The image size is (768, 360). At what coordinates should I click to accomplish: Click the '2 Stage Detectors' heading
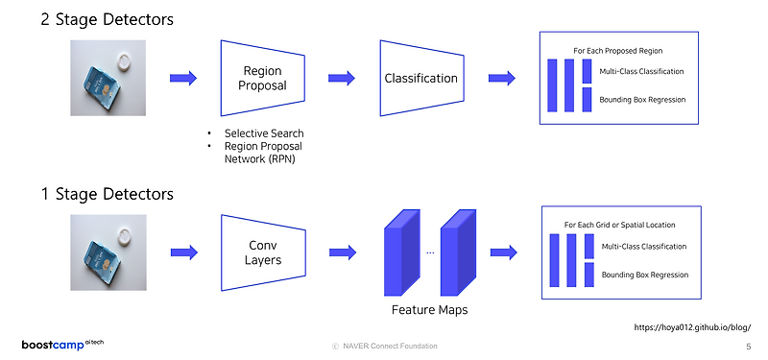coord(107,19)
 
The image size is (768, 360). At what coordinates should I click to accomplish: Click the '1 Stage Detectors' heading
coord(107,194)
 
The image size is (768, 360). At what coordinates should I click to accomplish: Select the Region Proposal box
coord(262,79)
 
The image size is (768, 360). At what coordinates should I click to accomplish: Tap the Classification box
coord(420,78)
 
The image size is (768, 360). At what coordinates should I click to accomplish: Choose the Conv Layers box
coord(262,252)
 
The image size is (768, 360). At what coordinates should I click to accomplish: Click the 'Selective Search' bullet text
coord(264,132)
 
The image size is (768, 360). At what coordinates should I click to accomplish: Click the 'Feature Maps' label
coord(429,310)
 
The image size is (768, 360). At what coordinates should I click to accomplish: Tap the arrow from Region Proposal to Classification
coord(342,78)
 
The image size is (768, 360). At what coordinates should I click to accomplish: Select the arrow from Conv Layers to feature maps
coord(342,252)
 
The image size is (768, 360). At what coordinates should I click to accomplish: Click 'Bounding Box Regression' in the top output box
coord(642,99)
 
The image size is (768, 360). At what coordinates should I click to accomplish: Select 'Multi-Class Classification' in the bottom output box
coord(643,247)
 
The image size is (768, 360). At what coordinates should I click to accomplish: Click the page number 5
coord(748,346)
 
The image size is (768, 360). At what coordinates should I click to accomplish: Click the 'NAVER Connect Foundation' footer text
coord(384,346)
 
